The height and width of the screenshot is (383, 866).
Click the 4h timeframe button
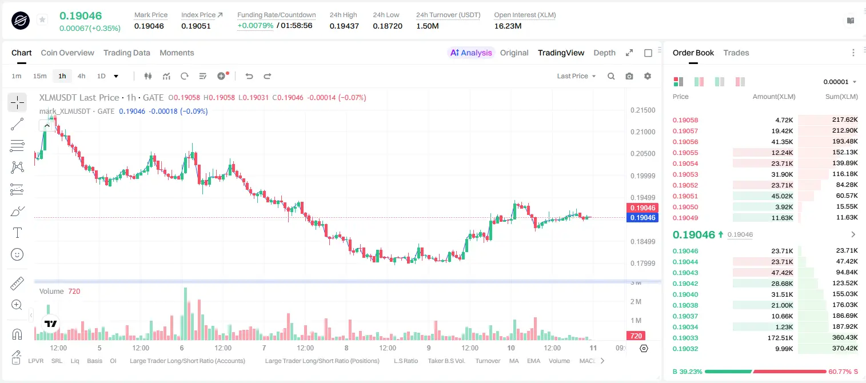coord(81,76)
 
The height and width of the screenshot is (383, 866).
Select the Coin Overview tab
coord(67,53)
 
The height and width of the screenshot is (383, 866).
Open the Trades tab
coord(736,53)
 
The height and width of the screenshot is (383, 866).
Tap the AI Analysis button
coord(471,53)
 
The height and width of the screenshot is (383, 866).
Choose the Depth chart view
coord(604,53)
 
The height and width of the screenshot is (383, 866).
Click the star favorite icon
coord(42,19)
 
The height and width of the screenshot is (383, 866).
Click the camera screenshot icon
coord(629,76)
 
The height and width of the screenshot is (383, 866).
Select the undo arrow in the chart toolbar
coord(249,76)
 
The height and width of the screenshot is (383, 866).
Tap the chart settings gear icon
coord(648,76)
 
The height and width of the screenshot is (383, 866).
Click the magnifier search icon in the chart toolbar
coord(611,76)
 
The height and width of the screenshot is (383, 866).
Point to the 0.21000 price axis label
coord(643,132)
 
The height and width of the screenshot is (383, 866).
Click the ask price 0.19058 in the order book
coord(685,120)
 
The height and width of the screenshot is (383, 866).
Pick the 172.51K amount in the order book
coord(780,338)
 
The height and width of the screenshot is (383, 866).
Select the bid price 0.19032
coord(685,349)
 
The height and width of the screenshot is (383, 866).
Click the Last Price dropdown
coord(576,76)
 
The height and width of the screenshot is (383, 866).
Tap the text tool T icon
coord(17,233)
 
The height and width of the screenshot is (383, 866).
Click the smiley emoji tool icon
coord(17,254)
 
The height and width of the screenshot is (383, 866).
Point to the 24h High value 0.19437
coord(344,26)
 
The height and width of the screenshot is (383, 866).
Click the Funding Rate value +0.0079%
coord(255,26)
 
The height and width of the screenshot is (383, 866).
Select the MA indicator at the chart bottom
coord(514,361)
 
